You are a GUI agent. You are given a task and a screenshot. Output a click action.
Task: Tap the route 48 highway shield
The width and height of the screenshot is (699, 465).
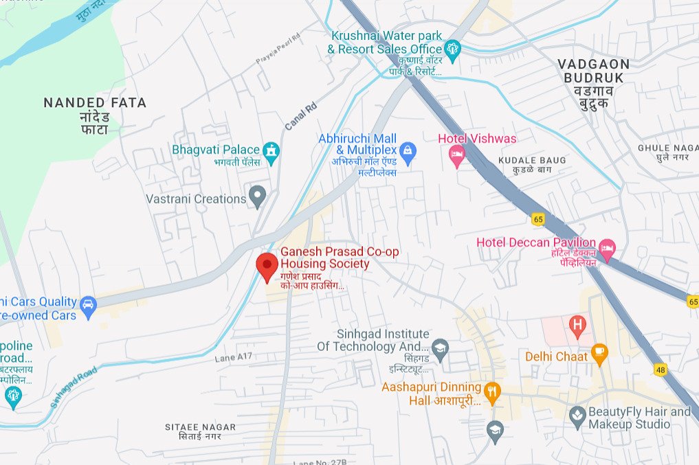[x=661, y=370]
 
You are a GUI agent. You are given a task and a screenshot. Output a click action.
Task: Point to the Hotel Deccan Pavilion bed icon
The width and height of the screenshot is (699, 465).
[x=607, y=247]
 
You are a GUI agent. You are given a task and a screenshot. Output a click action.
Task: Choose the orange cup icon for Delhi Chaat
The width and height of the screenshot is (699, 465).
[x=599, y=354]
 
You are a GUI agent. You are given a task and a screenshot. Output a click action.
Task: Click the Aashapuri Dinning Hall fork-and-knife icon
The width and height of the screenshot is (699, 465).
[x=491, y=392]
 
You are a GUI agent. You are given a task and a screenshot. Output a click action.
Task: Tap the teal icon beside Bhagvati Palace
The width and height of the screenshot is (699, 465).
[x=272, y=151]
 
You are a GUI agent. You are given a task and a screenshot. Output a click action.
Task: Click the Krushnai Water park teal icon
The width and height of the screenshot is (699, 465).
[x=452, y=48]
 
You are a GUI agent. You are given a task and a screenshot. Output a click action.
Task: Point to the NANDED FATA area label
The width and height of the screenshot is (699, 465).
[x=95, y=103]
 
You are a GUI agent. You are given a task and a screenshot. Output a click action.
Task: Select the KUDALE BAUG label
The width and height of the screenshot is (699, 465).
[x=533, y=160]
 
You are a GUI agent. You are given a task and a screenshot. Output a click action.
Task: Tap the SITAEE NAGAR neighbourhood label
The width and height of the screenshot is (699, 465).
[x=200, y=427]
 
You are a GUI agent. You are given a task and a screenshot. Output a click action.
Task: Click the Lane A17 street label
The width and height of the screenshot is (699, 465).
[x=234, y=357]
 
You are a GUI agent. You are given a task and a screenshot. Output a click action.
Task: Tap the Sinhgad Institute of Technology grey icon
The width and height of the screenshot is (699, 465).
[x=441, y=346]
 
